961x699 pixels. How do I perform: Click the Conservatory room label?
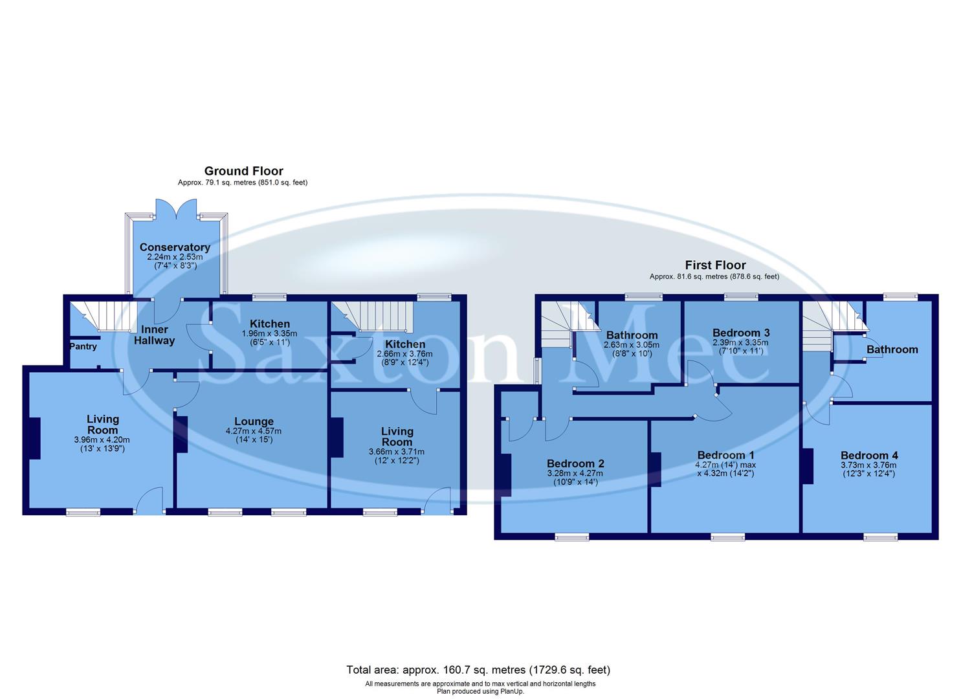point(175,247)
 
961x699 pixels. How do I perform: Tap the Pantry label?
point(83,346)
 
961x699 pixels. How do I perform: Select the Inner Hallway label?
point(154,335)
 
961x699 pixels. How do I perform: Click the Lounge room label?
point(254,421)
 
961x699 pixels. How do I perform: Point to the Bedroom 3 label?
point(740,333)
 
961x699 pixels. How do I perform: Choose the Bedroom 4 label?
point(869,455)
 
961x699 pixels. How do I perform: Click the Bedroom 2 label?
point(575,463)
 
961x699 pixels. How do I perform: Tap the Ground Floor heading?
point(243,171)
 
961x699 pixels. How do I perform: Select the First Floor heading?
point(715,265)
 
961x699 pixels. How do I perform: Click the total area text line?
point(478,670)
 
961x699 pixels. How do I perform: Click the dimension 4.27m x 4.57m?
point(254,431)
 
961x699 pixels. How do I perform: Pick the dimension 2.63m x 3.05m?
point(632,345)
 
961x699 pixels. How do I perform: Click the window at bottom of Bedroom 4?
point(880,537)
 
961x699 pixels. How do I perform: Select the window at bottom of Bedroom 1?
point(727,537)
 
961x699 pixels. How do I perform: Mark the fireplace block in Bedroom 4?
point(807,466)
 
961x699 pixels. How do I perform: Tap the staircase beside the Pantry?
point(102,315)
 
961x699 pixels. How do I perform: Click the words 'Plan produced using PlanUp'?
point(480,691)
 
